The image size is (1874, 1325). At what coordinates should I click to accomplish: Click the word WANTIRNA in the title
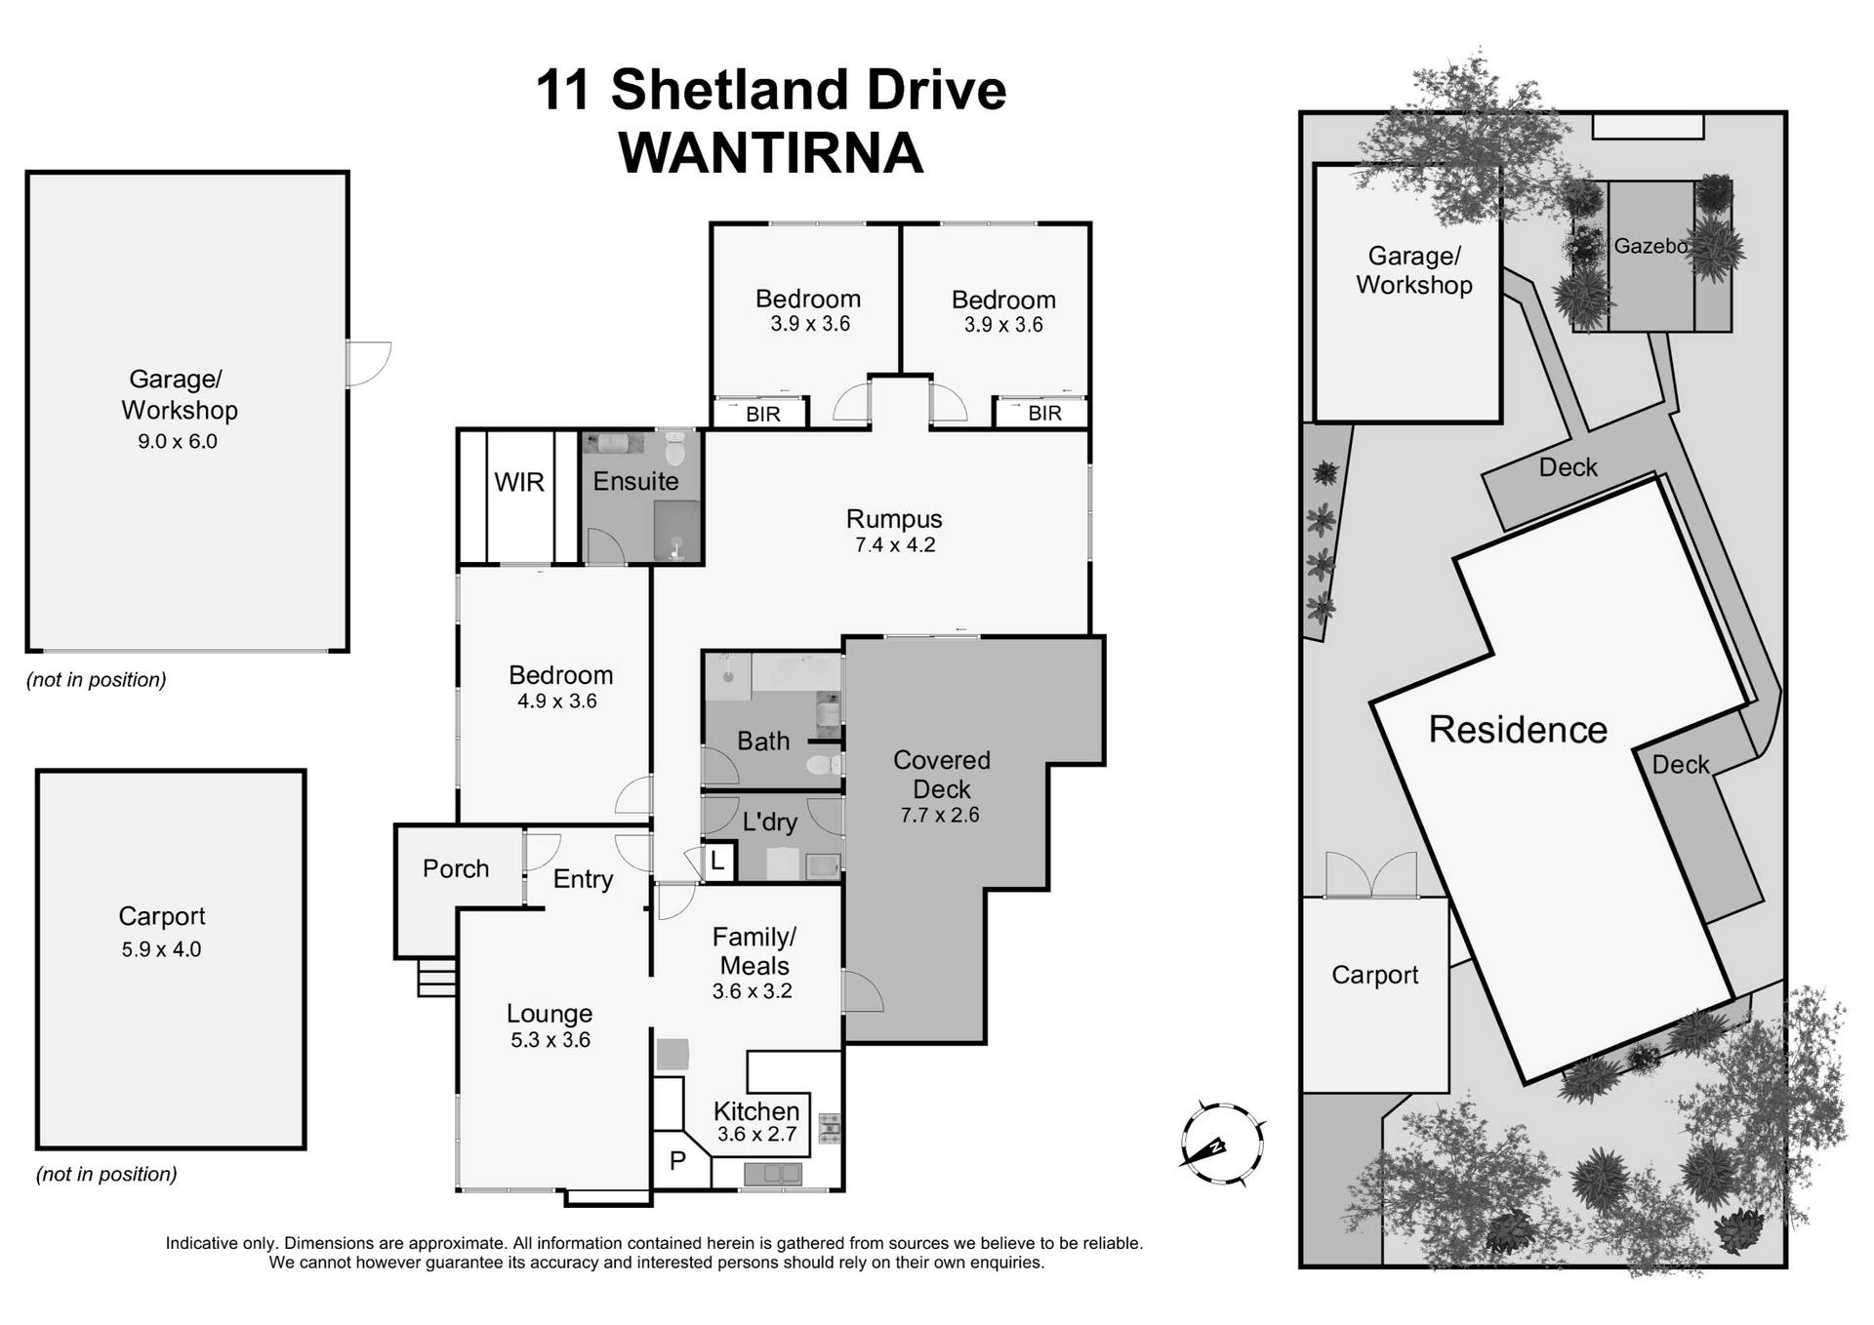coord(770,154)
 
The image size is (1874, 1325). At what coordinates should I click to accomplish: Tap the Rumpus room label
coord(894,519)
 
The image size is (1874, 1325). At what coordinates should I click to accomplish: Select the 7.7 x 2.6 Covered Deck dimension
coord(939,816)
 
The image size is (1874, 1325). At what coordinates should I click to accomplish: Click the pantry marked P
coord(677,1161)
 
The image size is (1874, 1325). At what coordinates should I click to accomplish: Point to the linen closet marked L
coord(717,862)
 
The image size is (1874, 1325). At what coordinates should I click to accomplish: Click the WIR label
coord(518,482)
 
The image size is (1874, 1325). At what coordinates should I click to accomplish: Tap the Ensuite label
coord(635,481)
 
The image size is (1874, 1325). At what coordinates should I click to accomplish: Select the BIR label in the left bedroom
coord(762,414)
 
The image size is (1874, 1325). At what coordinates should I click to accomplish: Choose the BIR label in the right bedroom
coord(1044,413)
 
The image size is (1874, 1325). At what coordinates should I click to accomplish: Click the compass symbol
coord(1221,1144)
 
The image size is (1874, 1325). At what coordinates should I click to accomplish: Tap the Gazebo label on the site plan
coord(1650,246)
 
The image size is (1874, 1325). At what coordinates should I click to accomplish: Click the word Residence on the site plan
coord(1518,730)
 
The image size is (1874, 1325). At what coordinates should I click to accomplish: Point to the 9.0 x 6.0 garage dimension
coord(177,441)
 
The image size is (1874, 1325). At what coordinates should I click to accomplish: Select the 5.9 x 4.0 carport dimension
coord(161,949)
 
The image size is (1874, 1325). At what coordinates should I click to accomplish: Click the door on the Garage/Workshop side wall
coord(368,363)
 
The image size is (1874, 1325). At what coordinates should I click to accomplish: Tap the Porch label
coord(456,868)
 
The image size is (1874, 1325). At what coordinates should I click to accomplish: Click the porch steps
coord(437,977)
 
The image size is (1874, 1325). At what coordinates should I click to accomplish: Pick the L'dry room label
coord(769,822)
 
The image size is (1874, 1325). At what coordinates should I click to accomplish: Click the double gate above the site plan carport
coord(1371,875)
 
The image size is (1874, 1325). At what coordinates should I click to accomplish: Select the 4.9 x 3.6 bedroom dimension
coord(556,701)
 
